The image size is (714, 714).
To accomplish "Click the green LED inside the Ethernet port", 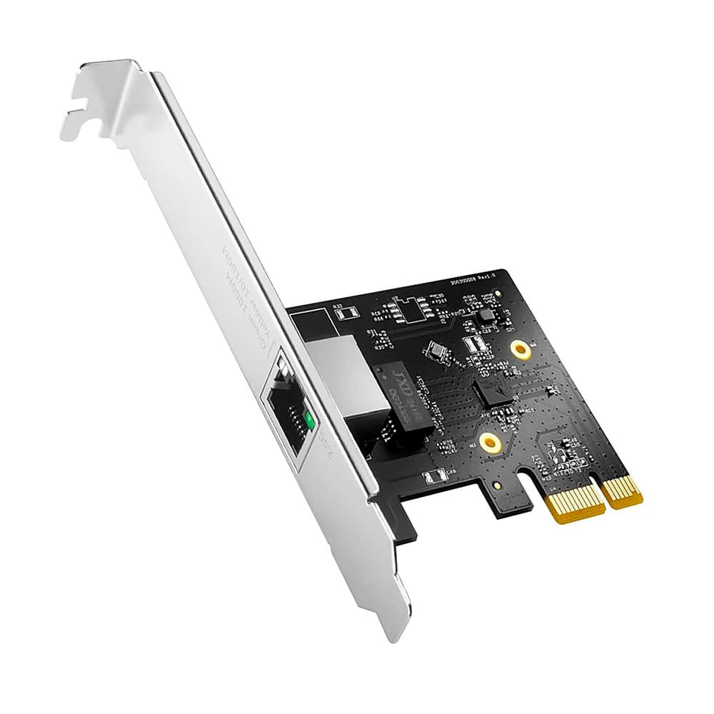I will point(308,421).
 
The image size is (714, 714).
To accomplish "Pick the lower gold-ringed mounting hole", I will point(489,443).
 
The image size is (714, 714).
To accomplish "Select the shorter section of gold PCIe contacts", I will point(623,491).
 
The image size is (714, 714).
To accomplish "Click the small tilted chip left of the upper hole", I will point(436,351).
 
